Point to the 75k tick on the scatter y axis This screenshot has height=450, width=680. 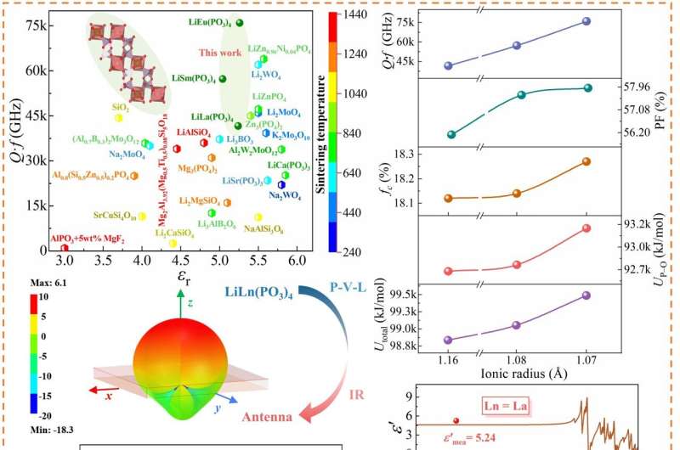[x=36, y=25]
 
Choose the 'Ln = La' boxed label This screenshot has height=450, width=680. [x=504, y=408]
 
